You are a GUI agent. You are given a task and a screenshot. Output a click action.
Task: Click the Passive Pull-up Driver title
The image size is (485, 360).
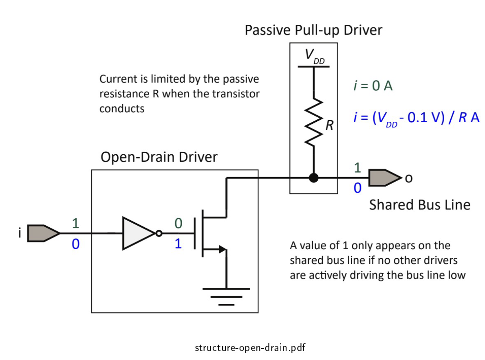click(x=313, y=30)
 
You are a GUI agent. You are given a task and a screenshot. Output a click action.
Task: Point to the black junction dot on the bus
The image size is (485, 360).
click(x=313, y=178)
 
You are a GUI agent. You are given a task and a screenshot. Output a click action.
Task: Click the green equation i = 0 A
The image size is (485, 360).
click(x=373, y=86)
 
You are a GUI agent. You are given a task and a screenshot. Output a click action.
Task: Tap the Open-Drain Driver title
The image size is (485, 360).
click(x=159, y=157)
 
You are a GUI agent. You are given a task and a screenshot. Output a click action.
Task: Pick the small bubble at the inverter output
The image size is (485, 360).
click(x=159, y=233)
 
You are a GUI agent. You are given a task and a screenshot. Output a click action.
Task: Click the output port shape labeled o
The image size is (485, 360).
click(x=384, y=178)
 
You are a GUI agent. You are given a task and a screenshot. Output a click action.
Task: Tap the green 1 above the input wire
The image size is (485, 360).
click(x=75, y=223)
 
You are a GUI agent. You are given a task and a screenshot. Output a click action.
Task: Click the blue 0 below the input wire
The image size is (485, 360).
click(x=75, y=245)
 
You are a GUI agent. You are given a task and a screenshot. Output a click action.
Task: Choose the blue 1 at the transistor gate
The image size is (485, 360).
click(x=178, y=244)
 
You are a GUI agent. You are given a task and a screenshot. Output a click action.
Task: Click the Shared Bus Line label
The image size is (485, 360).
click(x=419, y=204)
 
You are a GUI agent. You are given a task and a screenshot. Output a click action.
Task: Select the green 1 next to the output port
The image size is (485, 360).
click(x=357, y=168)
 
